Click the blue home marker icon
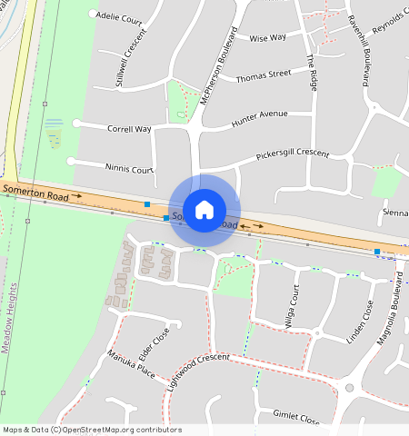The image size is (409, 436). pyautogui.click(x=204, y=209)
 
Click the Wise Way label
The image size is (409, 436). pyautogui.click(x=267, y=38)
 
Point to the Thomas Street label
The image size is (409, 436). pyautogui.click(x=263, y=75)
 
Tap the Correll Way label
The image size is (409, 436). pyautogui.click(x=129, y=129)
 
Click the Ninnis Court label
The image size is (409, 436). pyautogui.click(x=128, y=169)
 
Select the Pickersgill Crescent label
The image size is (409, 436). pyautogui.click(x=292, y=155)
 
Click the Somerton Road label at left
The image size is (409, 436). pyautogui.click(x=35, y=191)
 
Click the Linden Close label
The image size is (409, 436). pyautogui.click(x=361, y=322)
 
